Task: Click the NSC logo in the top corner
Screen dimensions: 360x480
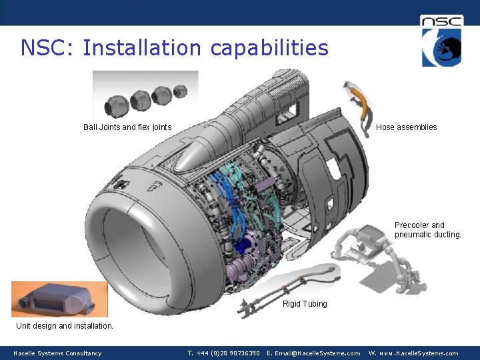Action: tap(441, 41)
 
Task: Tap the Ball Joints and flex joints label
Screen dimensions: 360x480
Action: tap(127, 127)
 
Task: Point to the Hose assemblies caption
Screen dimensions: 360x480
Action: tap(406, 127)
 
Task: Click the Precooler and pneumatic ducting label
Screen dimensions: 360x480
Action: tap(427, 230)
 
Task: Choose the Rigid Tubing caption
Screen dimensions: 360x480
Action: tap(305, 304)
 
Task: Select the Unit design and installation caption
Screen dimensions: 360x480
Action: tap(65, 326)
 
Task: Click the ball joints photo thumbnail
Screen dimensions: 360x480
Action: tap(145, 95)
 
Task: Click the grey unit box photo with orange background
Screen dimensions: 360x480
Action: tap(59, 299)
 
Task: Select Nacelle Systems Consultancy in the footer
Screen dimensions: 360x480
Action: tap(57, 353)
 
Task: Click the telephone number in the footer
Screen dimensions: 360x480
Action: tap(223, 353)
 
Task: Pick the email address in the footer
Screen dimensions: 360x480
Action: tap(313, 353)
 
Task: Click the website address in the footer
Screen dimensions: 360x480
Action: tap(413, 353)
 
